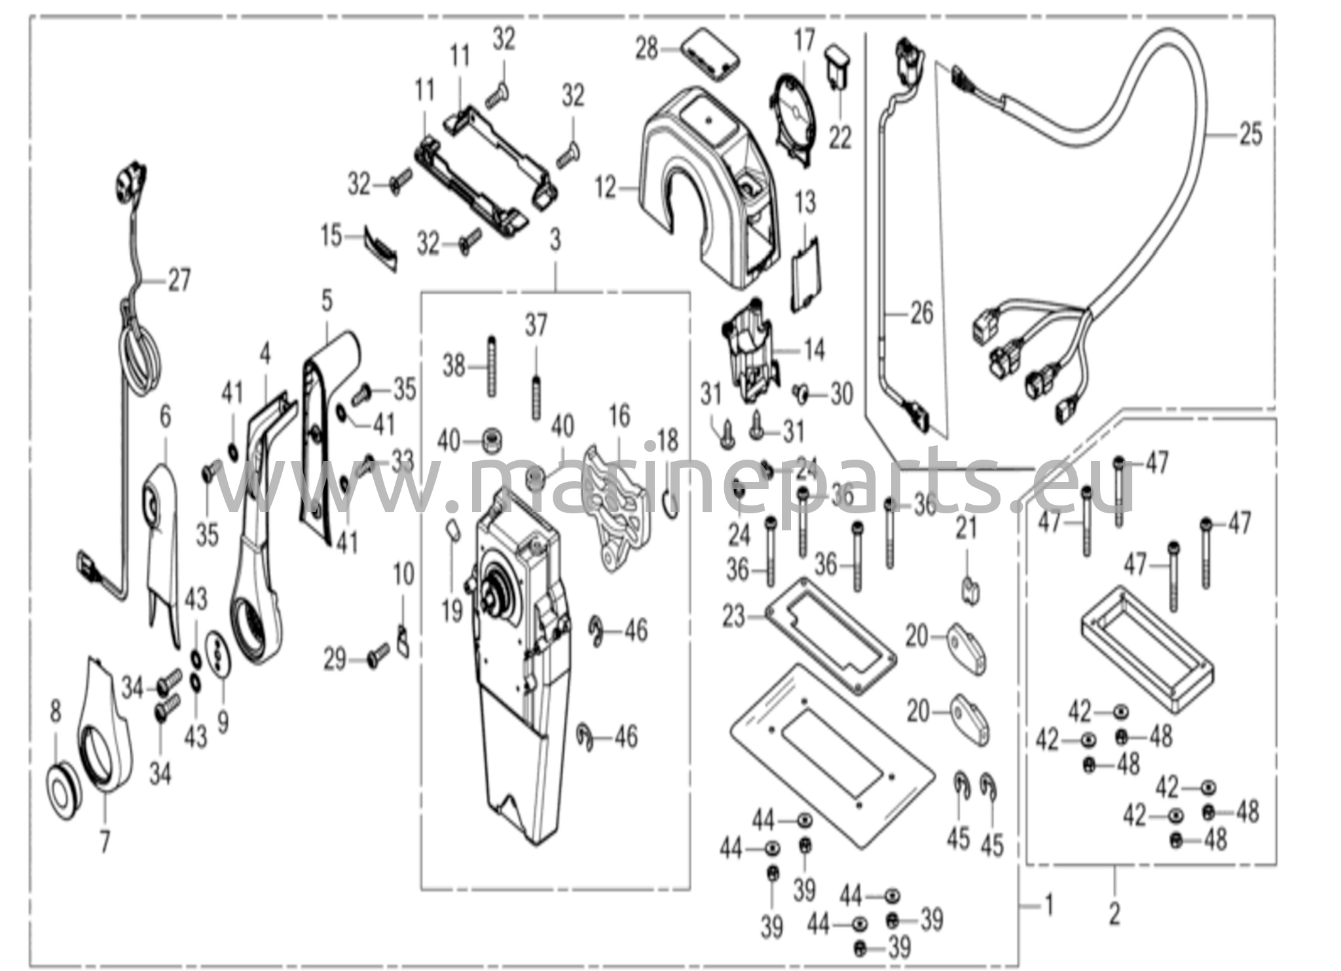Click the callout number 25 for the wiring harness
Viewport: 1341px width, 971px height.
1250,135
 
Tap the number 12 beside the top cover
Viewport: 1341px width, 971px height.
606,189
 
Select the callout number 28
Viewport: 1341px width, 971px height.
647,48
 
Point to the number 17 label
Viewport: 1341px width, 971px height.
805,41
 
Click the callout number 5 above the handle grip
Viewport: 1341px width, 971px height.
327,301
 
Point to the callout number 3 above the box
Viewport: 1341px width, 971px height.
555,240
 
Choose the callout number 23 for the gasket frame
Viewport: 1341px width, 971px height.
733,616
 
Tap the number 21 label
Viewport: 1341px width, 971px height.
966,528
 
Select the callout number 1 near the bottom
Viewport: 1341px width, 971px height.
1048,906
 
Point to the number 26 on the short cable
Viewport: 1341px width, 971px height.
922,313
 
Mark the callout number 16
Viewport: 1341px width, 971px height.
619,416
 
